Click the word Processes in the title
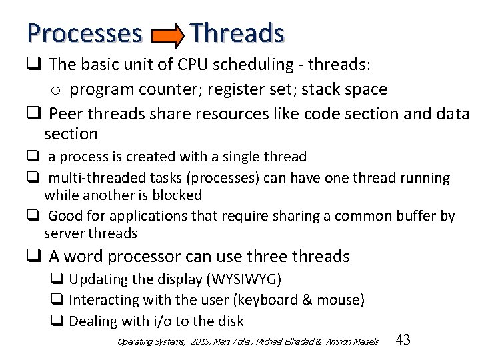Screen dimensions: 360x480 pos(85,33)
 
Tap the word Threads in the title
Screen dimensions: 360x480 pos(237,33)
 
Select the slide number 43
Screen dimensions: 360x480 pos(403,340)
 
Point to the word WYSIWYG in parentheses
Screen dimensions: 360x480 pos(245,279)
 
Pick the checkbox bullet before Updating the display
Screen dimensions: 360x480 pos(57,279)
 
